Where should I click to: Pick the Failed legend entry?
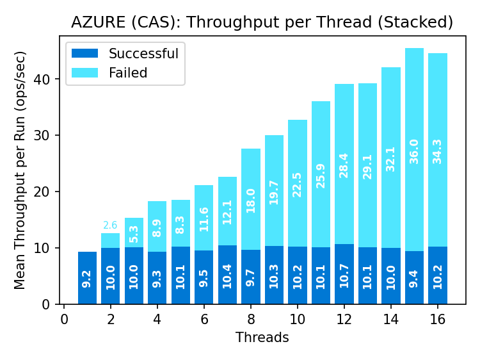(128, 73)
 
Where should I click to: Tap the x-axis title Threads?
(262, 338)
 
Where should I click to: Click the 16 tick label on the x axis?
(437, 319)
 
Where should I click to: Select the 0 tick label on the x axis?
(64, 319)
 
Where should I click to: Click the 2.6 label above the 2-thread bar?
(110, 225)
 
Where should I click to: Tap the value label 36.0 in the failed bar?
(414, 152)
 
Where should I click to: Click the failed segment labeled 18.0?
(251, 199)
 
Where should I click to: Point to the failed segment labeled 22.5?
(298, 183)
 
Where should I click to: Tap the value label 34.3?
(437, 152)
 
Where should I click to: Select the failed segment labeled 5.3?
(134, 233)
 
